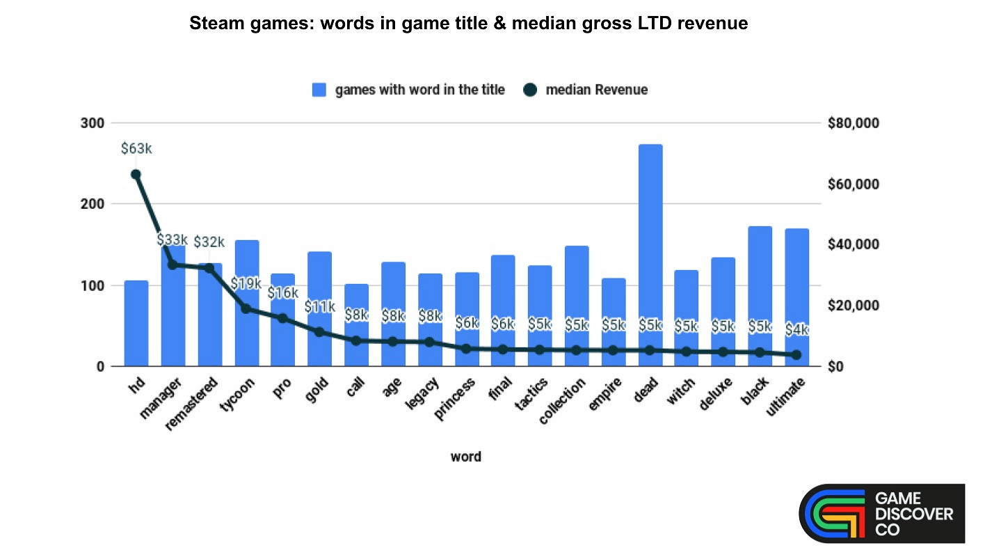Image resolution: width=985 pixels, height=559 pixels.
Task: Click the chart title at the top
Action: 468,24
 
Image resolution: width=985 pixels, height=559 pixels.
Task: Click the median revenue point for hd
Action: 136,175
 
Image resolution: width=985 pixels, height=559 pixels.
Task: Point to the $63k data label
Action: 136,148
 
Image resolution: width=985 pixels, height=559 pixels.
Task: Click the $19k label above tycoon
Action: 246,283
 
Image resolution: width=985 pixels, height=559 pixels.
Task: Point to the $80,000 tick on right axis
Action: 854,123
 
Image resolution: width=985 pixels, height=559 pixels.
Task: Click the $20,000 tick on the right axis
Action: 854,306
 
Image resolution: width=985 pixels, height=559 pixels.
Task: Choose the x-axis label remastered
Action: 193,404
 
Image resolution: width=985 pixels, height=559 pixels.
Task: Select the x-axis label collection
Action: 563,402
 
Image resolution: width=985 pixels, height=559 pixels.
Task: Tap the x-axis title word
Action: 465,457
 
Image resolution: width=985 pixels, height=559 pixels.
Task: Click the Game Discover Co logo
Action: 881,513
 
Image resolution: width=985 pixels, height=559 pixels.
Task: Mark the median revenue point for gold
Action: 319,332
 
